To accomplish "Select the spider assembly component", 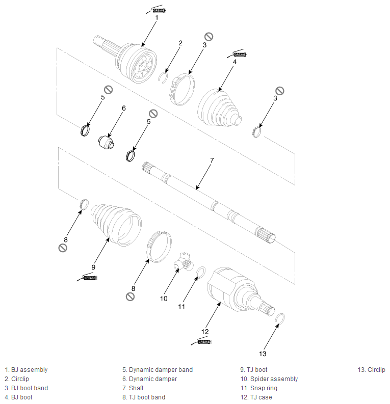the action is [x=184, y=262].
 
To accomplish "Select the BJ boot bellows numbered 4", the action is [x=219, y=109].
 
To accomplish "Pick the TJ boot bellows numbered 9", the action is [x=116, y=225].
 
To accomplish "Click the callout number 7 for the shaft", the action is [x=212, y=160].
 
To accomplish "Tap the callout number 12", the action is [x=205, y=332].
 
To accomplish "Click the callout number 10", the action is [x=164, y=299].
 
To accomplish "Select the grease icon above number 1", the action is [x=157, y=10].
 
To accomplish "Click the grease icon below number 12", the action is [x=201, y=341].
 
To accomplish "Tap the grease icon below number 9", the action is [x=87, y=277].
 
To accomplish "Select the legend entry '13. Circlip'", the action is [x=372, y=370].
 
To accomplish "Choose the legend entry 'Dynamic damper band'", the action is [x=161, y=370].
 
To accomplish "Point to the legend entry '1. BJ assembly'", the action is [x=26, y=370].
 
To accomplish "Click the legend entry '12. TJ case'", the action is [x=256, y=397].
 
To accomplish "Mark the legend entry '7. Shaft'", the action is [x=133, y=388].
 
